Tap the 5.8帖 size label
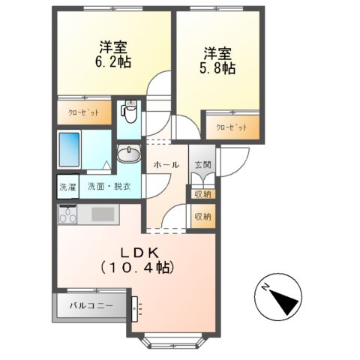click(218, 68)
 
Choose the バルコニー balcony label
click(90, 306)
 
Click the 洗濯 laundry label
click(67, 187)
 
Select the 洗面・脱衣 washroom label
click(109, 187)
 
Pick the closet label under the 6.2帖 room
click(84, 112)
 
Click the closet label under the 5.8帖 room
click(232, 127)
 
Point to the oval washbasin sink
click(129, 155)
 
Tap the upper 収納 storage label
click(202, 194)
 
